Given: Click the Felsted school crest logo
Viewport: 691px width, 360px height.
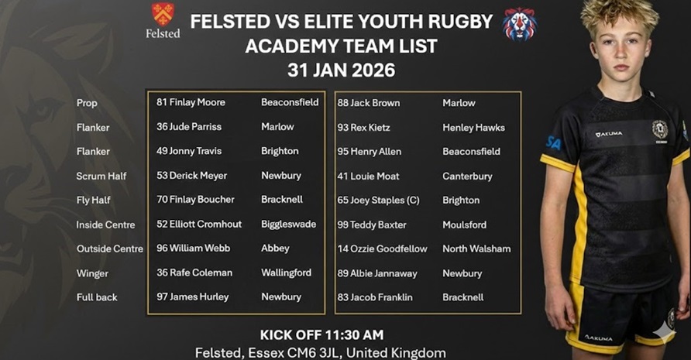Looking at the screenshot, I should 163,14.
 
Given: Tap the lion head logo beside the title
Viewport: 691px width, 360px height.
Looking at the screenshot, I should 519,23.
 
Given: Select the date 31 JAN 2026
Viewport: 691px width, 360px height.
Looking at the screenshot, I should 341,70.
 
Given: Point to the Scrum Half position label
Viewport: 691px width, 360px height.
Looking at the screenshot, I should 101,176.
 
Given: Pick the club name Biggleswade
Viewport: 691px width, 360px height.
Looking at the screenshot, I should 288,225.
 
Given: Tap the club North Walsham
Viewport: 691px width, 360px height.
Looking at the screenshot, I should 476,249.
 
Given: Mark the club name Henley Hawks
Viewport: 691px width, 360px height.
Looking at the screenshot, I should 473,127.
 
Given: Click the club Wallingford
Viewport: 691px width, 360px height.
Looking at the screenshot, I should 286,273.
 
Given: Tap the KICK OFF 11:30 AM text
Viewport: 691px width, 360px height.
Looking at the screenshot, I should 321,335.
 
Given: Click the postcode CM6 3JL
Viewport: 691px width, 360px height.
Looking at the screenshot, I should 284,353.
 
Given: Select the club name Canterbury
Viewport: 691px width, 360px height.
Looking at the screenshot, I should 467,176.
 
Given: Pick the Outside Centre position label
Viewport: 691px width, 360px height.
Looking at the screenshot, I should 109,249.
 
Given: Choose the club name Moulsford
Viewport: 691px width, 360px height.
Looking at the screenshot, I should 464,225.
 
